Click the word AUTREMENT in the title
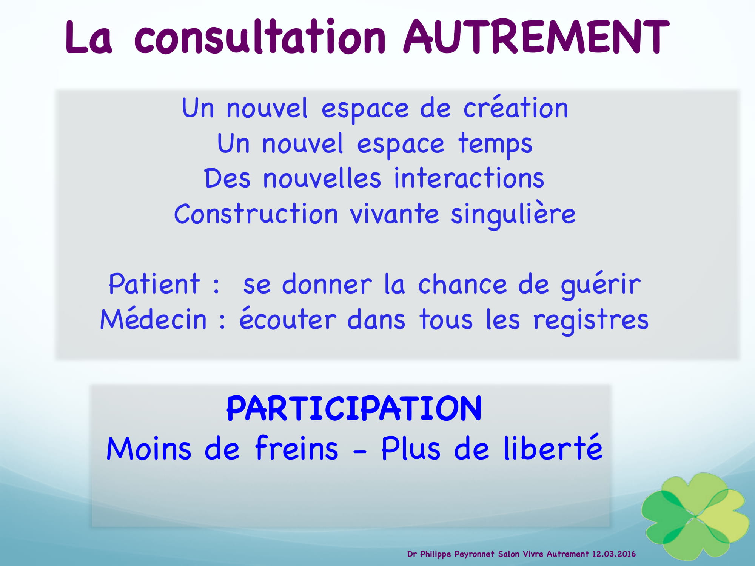pyautogui.click(x=536, y=37)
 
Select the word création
pyautogui.click(x=516, y=108)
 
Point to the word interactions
pyautogui.click(x=469, y=178)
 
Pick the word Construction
pyautogui.click(x=256, y=214)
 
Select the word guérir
pyautogui.click(x=601, y=285)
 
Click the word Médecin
pyautogui.click(x=153, y=318)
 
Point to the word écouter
pyautogui.click(x=288, y=318)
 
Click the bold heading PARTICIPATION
pyautogui.click(x=354, y=408)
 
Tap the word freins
pyautogui.click(x=297, y=448)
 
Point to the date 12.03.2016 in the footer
pyautogui.click(x=614, y=554)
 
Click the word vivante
pyautogui.click(x=394, y=214)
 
